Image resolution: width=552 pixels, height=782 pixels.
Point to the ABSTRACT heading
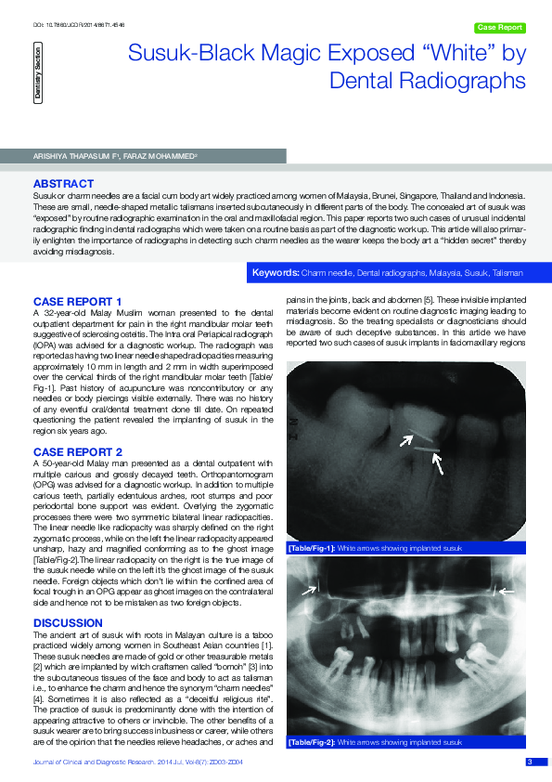pyautogui.click(x=63, y=184)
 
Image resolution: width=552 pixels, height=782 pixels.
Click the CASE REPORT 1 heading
pyautogui.click(x=78, y=302)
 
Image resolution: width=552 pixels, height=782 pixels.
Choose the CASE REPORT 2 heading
pyautogui.click(x=78, y=450)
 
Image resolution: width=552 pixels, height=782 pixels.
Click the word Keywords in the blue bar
pyautogui.click(x=276, y=274)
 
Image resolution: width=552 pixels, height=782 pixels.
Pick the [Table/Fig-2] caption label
pyautogui.click(x=312, y=743)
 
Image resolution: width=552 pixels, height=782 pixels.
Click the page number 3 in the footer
pyautogui.click(x=530, y=762)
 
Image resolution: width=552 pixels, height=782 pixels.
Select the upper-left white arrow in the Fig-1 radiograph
pyautogui.click(x=405, y=443)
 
